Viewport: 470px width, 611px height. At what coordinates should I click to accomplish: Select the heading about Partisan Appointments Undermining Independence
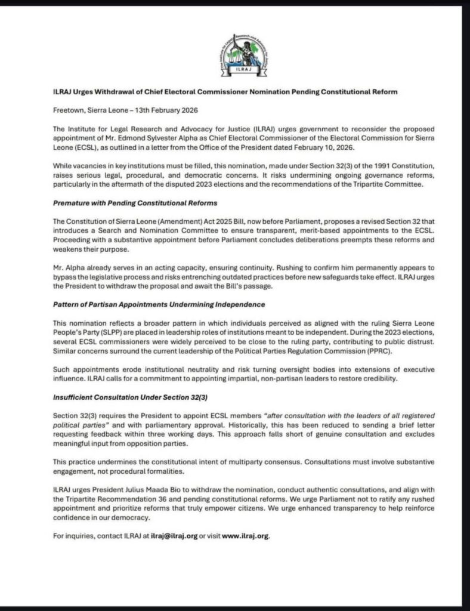[159, 304]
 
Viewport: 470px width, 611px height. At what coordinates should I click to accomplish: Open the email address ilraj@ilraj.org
[174, 536]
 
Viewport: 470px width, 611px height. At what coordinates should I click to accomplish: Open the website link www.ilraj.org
[246, 536]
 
